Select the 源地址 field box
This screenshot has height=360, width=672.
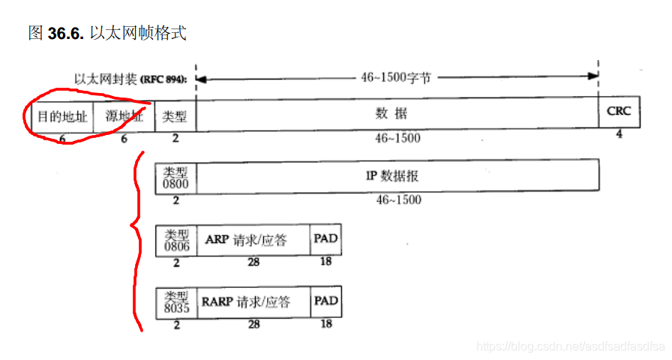click(x=124, y=116)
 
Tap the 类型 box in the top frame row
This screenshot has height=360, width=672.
click(x=175, y=116)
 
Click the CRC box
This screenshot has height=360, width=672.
click(x=619, y=112)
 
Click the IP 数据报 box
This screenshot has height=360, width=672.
click(x=397, y=175)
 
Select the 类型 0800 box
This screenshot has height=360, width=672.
click(x=175, y=175)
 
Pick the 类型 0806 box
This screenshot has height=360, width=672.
click(x=175, y=240)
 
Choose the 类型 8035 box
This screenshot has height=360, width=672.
click(x=176, y=302)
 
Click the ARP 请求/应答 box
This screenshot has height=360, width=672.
click(x=253, y=240)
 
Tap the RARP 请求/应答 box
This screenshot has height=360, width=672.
click(x=253, y=302)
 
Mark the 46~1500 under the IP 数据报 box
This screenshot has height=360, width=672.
click(x=397, y=199)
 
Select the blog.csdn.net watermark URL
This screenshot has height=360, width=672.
click(x=571, y=346)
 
